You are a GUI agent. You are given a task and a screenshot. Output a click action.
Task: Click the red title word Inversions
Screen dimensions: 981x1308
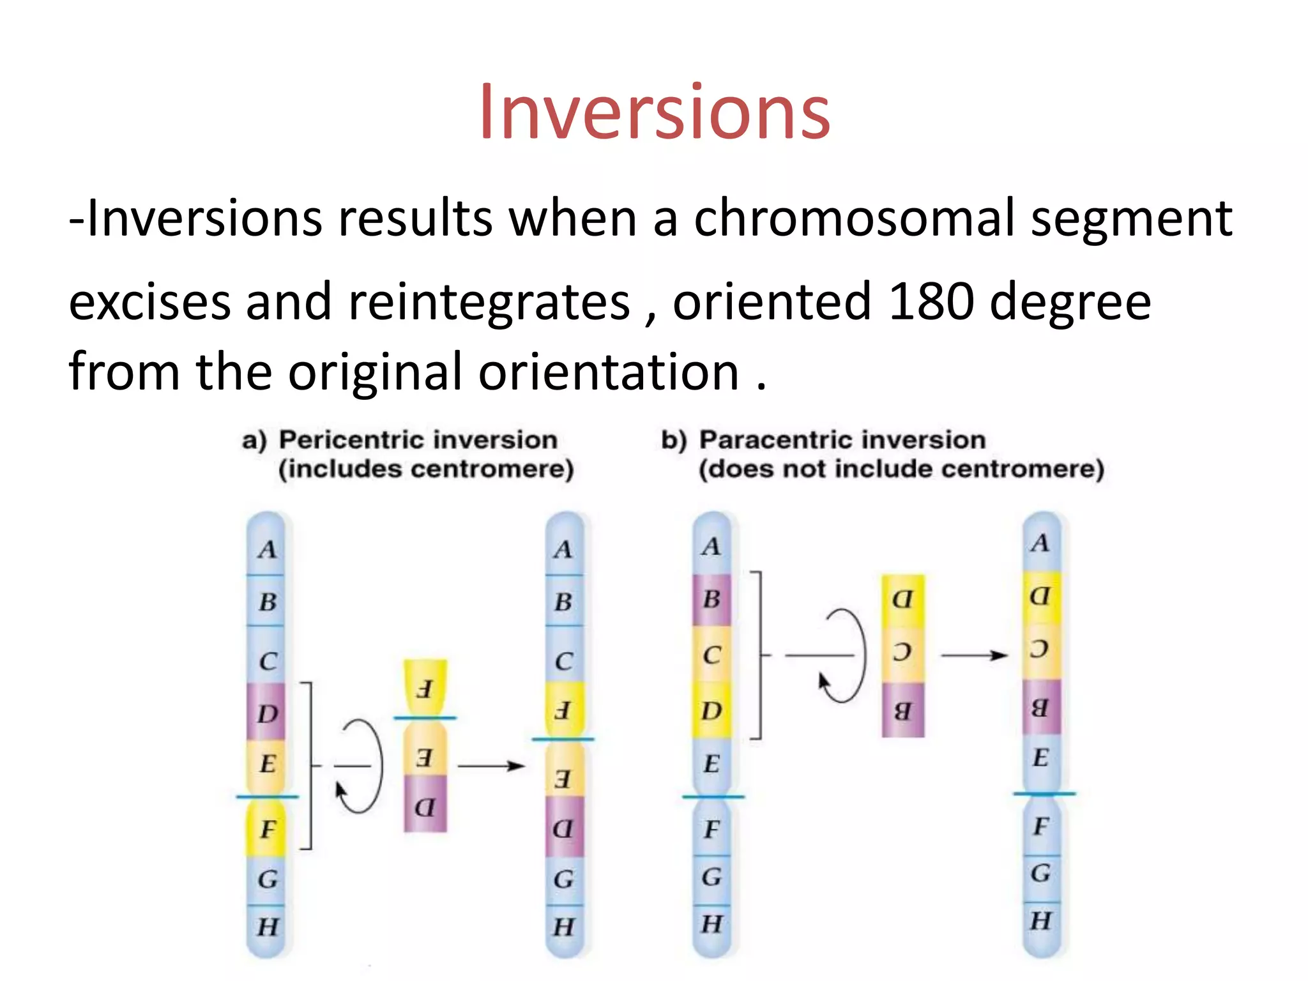(654, 113)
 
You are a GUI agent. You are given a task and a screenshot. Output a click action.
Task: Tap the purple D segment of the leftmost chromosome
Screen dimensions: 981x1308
(266, 713)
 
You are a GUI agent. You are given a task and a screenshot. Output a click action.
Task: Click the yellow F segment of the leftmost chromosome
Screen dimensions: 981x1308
(266, 828)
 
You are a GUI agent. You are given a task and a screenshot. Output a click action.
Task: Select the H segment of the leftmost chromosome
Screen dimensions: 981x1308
(266, 926)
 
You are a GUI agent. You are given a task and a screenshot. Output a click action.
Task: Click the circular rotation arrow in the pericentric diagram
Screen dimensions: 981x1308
(361, 766)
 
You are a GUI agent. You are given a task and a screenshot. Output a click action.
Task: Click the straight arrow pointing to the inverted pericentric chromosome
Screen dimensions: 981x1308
(490, 765)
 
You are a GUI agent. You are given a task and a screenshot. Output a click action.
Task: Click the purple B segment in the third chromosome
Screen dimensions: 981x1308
(711, 599)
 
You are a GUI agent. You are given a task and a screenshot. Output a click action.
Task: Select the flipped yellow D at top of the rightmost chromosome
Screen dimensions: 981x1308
(1040, 597)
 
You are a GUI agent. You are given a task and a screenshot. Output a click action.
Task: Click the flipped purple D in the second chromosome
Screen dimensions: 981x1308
(563, 829)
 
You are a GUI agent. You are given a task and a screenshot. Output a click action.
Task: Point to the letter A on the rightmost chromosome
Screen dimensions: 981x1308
(1040, 543)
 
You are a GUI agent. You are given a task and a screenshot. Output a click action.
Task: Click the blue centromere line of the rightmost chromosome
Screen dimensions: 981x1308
(1044, 794)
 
